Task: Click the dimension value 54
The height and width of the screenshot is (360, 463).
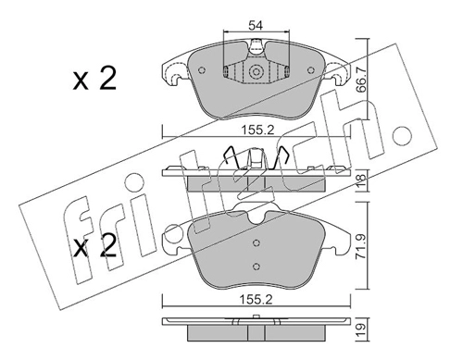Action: [x=256, y=26]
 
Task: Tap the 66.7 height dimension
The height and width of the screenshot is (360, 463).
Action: [x=361, y=80]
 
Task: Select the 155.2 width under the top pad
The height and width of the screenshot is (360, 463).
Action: [x=257, y=130]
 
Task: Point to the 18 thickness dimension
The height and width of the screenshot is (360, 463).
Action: [x=361, y=180]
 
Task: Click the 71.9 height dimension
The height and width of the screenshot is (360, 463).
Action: [x=361, y=246]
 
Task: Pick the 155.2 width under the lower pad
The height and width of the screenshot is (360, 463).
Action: [x=257, y=299]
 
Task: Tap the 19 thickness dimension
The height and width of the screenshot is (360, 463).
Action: [x=361, y=329]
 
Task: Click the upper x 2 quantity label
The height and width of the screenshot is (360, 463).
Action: [x=94, y=80]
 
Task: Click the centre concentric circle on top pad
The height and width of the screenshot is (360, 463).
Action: [x=256, y=72]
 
